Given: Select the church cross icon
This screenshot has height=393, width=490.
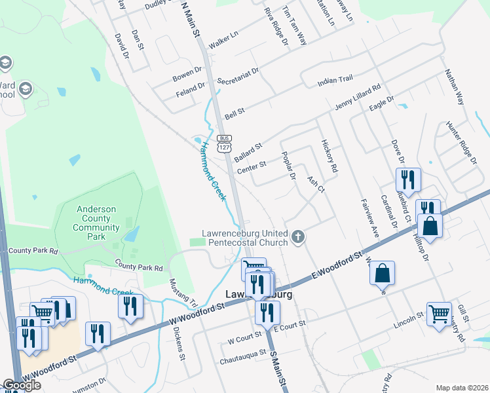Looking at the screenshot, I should (298, 236).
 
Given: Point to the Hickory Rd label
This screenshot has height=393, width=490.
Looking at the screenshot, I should (329, 156).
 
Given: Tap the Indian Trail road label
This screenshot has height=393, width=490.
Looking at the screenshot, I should (335, 80).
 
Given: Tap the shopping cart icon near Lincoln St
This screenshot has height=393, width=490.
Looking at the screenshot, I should (438, 313).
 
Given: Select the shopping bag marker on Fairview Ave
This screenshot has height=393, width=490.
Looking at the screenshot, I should (383, 273).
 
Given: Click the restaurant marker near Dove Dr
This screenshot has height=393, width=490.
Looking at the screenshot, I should (407, 180).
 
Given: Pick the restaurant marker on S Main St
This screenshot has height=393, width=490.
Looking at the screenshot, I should (266, 312).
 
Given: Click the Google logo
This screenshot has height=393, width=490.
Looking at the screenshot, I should (22, 385).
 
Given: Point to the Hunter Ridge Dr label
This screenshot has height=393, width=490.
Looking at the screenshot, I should (459, 141).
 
